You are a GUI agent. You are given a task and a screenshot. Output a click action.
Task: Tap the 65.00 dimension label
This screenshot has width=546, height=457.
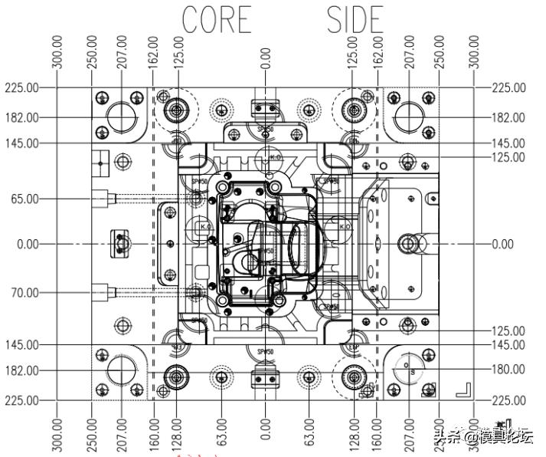(x=22, y=199)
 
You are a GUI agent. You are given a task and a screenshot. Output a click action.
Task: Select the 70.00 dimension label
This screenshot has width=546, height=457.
(x=22, y=292)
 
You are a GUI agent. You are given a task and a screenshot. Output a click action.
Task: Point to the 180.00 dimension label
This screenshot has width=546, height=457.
(x=508, y=369)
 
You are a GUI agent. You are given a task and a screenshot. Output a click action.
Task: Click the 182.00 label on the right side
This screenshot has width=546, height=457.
(x=508, y=117)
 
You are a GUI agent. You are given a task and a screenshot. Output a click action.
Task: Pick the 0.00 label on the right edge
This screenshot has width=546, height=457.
(x=502, y=244)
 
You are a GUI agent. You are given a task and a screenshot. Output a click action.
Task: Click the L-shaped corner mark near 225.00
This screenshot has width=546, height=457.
(x=463, y=389)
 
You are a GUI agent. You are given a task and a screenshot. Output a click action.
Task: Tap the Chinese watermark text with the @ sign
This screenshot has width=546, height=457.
(x=482, y=437)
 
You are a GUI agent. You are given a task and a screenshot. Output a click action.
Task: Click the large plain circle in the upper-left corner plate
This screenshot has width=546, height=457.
(x=121, y=117)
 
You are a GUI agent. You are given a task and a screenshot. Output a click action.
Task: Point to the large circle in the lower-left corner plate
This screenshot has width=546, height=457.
(x=121, y=370)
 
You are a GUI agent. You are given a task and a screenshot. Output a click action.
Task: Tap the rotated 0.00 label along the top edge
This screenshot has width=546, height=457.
(x=266, y=59)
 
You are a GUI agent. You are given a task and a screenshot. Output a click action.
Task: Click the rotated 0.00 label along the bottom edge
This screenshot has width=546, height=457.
(x=266, y=431)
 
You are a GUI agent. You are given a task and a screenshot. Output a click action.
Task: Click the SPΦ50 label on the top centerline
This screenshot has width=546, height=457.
(x=265, y=130)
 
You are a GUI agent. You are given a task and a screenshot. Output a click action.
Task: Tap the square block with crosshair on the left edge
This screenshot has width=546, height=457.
(x=100, y=161)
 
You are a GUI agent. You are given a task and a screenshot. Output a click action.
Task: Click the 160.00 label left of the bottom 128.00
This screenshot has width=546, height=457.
(x=153, y=431)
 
